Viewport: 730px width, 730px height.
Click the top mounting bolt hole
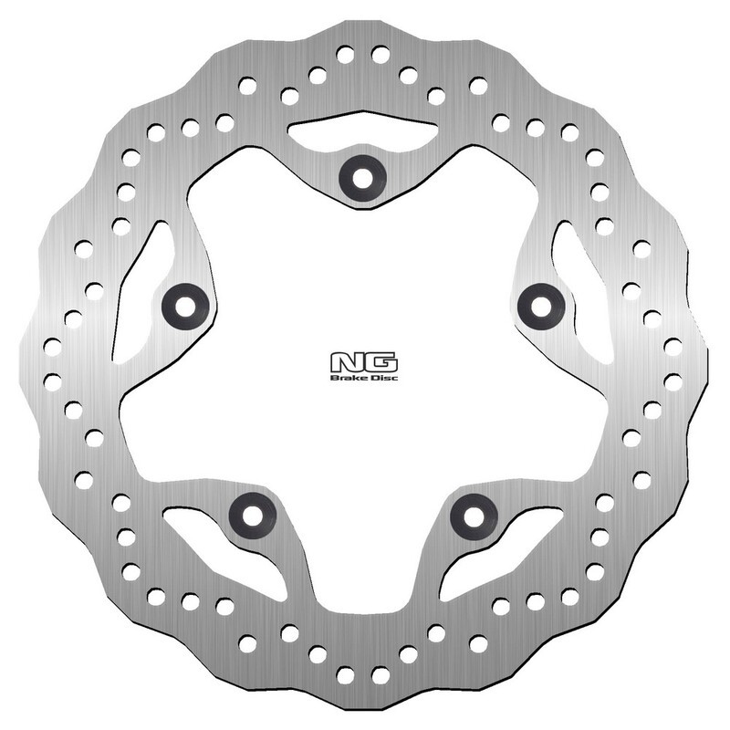(362, 177)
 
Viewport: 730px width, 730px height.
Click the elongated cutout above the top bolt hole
(362, 133)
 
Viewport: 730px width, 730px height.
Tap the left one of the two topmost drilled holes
(345, 54)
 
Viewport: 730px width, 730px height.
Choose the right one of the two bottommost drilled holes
(381, 675)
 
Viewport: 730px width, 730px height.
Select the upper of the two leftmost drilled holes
(52, 347)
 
